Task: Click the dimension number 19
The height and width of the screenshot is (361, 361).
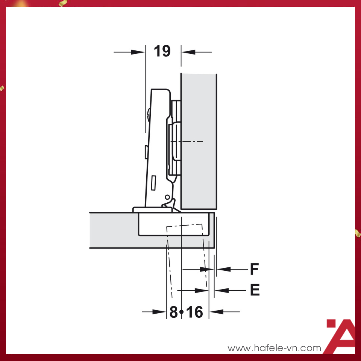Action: click(162, 51)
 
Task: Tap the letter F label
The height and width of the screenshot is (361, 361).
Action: click(255, 269)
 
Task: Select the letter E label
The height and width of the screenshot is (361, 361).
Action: click(255, 290)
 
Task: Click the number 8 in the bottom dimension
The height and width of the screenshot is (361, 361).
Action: click(173, 312)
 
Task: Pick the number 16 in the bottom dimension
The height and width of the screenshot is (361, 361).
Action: click(194, 312)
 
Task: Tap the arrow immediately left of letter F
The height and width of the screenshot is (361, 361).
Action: click(229, 269)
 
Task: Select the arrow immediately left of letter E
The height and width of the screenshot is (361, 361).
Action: click(229, 290)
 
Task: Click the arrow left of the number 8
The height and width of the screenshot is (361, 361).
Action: click(154, 312)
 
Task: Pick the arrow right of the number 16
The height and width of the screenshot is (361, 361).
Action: click(224, 312)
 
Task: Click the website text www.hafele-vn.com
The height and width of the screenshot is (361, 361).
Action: click(275, 348)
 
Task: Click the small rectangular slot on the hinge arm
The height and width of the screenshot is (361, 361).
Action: click(153, 183)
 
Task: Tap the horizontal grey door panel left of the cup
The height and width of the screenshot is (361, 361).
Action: click(113, 230)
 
